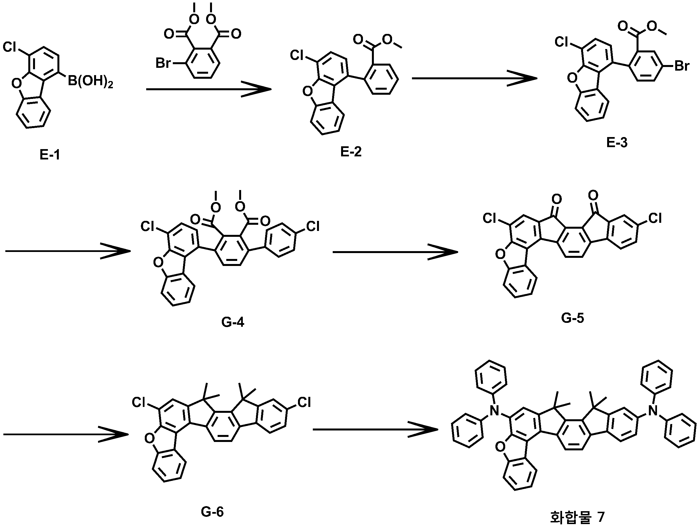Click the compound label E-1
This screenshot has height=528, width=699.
click(50, 155)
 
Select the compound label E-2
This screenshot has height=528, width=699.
click(351, 152)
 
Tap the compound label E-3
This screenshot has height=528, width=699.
click(617, 143)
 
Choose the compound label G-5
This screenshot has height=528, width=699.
click(573, 318)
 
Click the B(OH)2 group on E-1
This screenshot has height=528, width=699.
click(90, 82)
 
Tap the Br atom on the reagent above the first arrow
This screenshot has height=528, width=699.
click(163, 63)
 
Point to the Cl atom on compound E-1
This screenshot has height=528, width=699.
click(10, 47)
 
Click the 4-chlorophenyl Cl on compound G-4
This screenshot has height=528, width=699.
click(313, 226)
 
